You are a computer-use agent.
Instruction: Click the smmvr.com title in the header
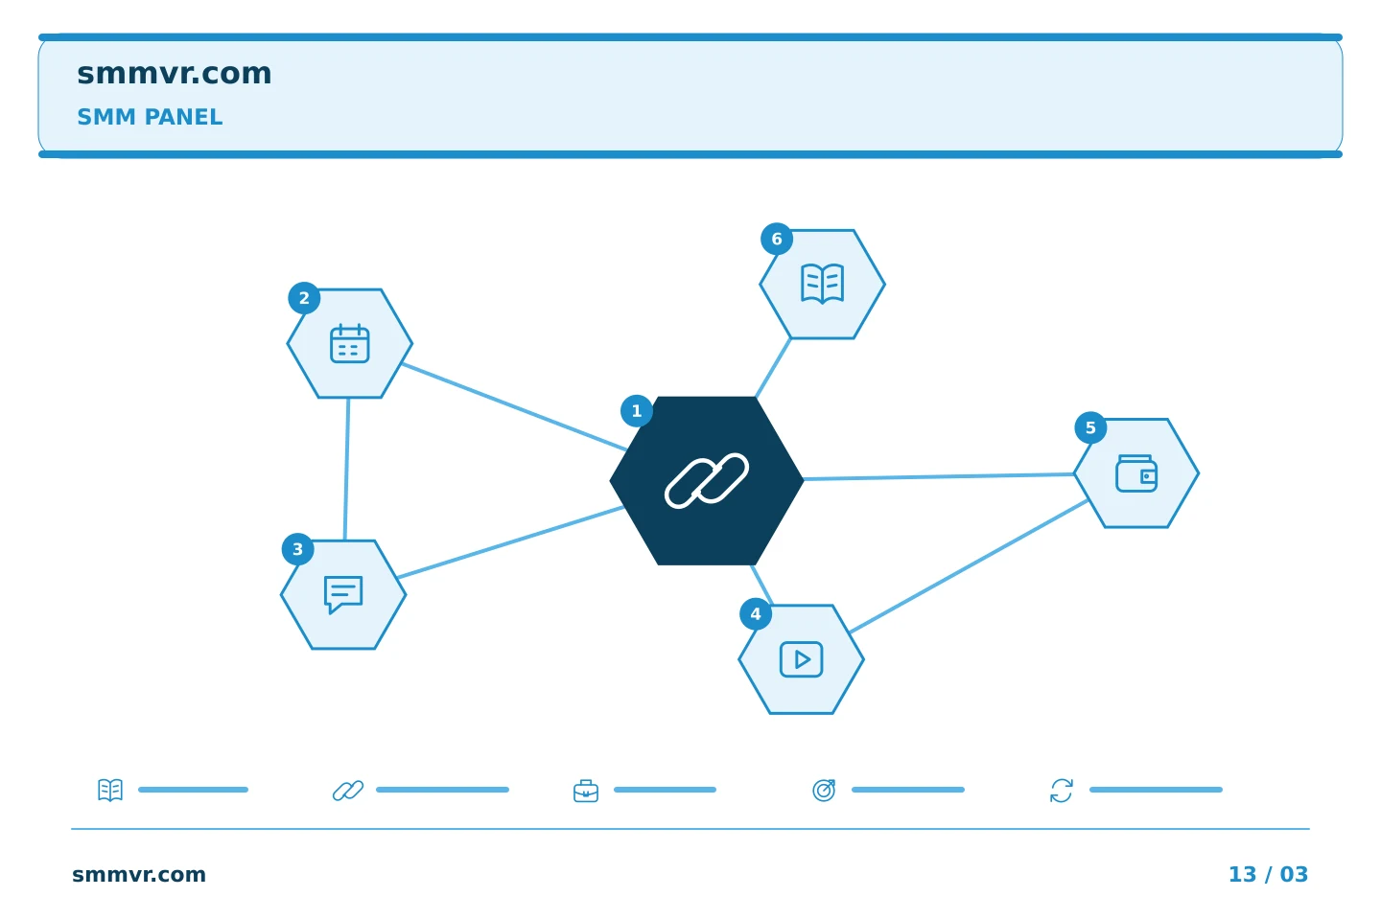point(174,74)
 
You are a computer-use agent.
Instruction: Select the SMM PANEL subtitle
point(150,117)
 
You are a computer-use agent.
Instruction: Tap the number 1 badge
point(637,411)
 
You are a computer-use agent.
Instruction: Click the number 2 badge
point(304,298)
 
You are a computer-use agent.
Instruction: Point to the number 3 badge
point(297,549)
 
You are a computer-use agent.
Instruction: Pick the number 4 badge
point(756,613)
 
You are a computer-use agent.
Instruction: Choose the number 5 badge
point(1090,427)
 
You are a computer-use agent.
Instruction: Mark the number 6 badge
point(777,239)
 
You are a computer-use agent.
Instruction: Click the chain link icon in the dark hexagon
point(707,481)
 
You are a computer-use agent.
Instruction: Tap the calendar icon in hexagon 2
point(349,343)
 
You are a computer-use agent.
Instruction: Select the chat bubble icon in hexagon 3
point(343,594)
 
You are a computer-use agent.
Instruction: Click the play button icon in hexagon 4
point(802,659)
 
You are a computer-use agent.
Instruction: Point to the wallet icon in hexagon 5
point(1136,473)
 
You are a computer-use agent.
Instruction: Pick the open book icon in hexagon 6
point(823,284)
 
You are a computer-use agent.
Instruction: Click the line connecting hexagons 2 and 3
point(346,469)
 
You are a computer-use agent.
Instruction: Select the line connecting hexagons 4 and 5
point(969,566)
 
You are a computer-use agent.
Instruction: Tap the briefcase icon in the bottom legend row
point(586,791)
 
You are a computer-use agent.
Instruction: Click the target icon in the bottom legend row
point(824,790)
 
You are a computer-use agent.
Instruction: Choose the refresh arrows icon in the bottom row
point(1062,791)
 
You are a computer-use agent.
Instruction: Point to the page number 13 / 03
point(1268,874)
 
